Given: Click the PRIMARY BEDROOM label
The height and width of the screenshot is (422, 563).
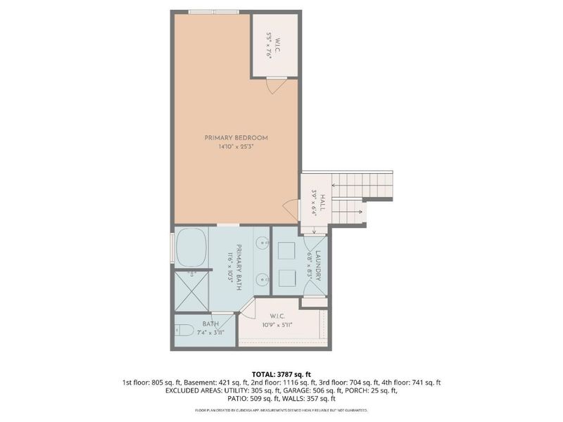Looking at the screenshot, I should (x=236, y=137).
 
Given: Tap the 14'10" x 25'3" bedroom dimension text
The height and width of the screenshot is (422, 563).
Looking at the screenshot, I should (x=236, y=146).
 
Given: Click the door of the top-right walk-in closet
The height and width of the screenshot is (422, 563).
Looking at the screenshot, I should (x=276, y=84).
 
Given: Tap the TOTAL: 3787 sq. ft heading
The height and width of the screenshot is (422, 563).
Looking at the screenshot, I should (x=281, y=374).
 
